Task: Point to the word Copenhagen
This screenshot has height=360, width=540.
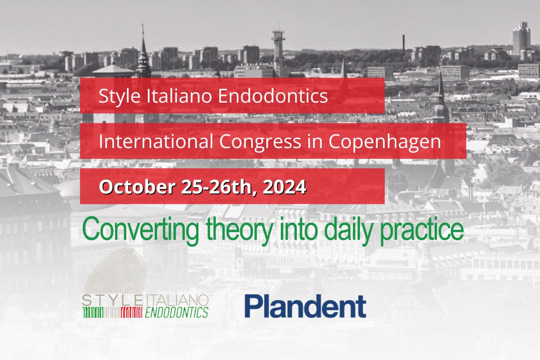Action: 384,142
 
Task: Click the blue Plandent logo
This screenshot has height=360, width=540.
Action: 305,306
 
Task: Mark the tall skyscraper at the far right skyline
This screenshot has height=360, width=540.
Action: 521,38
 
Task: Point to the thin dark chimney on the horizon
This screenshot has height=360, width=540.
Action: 404,45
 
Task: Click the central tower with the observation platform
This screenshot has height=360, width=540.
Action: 279,49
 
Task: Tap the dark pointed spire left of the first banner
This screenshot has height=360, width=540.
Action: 143,54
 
